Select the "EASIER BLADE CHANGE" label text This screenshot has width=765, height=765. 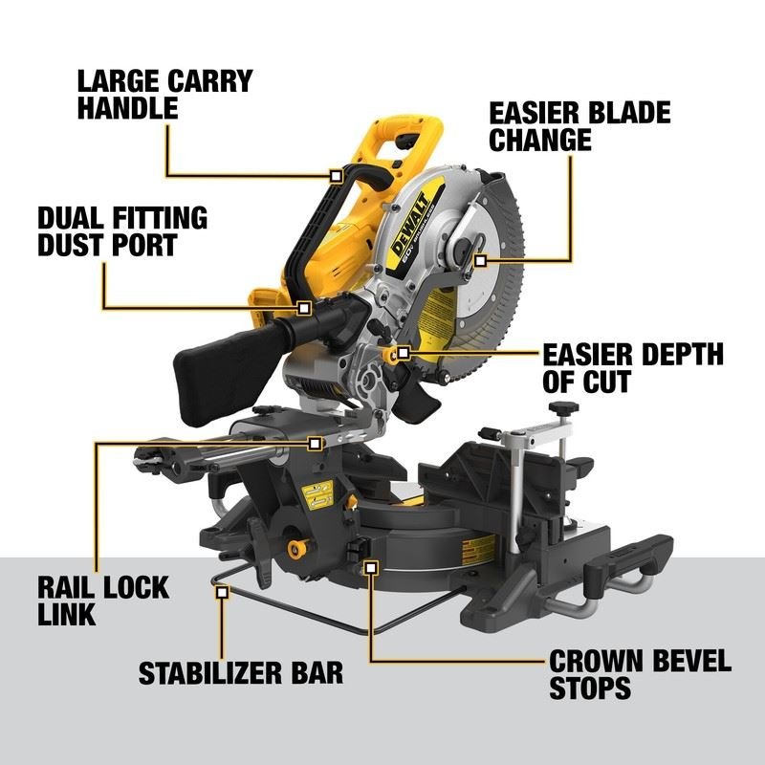pos(579,125)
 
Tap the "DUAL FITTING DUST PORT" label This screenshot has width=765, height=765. pos(121,230)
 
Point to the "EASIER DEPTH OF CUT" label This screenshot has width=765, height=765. pos(632,368)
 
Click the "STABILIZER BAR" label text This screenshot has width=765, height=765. pos(240,672)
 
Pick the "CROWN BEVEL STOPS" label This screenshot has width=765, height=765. pos(639,673)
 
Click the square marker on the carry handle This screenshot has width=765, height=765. pos(335,176)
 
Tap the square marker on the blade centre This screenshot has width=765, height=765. pos(479,259)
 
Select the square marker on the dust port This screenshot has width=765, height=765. pos(304,308)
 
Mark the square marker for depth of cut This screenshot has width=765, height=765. pos(404,354)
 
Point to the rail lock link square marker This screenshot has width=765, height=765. pos(315,444)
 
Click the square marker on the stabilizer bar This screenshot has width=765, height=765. pos(222,593)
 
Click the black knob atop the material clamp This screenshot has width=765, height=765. pos(562,409)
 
